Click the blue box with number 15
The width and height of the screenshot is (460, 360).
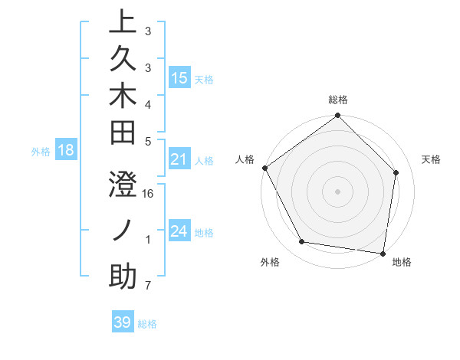pyautogui.click(x=179, y=77)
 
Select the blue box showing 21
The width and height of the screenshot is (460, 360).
pyautogui.click(x=179, y=159)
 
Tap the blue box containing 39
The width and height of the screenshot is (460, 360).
pyautogui.click(x=122, y=322)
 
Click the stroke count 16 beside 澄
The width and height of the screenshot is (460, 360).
pyautogui.click(x=149, y=194)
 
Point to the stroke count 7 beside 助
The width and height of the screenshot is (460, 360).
pyautogui.click(x=147, y=286)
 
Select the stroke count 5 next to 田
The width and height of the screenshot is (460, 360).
pyautogui.click(x=147, y=140)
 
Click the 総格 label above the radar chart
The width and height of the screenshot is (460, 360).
pyautogui.click(x=337, y=100)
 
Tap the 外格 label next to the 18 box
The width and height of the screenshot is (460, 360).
pyautogui.click(x=41, y=152)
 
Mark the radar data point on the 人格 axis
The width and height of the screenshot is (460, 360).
pyautogui.click(x=265, y=168)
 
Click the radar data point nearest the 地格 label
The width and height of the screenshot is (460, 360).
pyautogui.click(x=383, y=253)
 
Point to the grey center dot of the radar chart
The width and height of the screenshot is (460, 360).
pyautogui.click(x=337, y=191)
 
